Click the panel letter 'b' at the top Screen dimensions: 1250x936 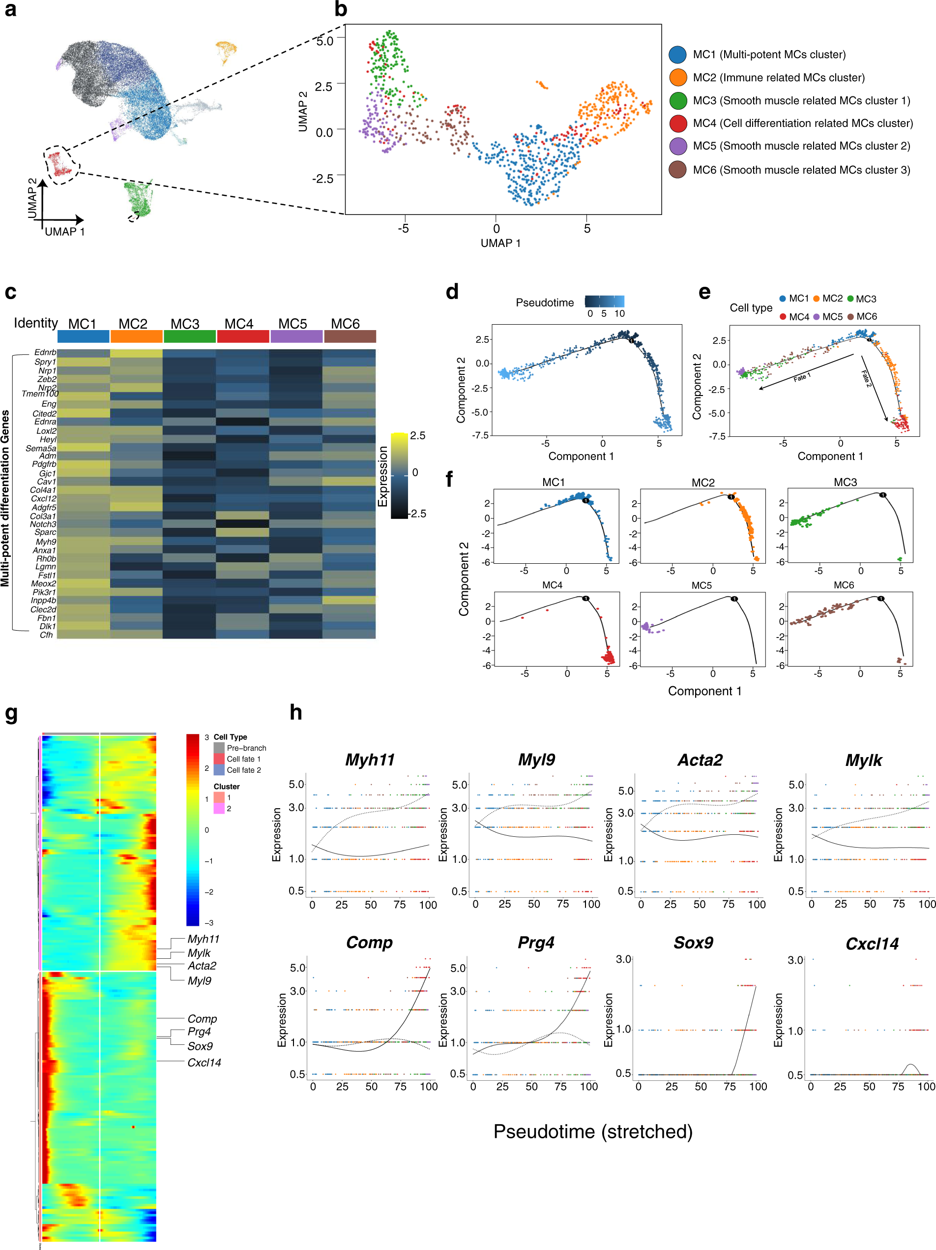pos(341,10)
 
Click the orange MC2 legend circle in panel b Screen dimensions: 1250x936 pos(677,77)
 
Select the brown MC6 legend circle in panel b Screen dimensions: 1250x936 pos(677,170)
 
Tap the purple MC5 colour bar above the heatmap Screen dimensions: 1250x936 pos(296,337)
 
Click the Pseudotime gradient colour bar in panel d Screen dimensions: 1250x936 pos(604,301)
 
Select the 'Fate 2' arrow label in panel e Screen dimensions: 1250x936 pos(866,378)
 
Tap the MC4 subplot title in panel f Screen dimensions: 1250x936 pos(552,585)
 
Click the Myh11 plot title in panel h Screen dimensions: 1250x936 pos(370,760)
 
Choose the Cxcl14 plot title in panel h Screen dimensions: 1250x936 pos(872,944)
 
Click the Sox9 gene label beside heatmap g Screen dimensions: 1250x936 pos(200,1046)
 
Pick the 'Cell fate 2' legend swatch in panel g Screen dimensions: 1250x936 pos(219,770)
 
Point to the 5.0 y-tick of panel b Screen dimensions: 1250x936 pos(325,41)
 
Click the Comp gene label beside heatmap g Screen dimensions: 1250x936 pos(202,1019)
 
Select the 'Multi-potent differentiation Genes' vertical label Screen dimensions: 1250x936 pos(5,498)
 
